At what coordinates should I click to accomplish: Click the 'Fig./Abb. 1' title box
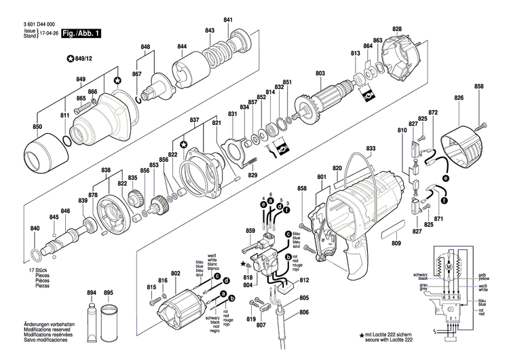point(81,33)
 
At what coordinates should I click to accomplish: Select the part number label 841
point(228,19)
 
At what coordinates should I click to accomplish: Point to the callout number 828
point(396,29)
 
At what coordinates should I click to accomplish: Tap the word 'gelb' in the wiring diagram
point(483,274)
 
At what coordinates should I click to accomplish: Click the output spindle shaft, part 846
point(68,238)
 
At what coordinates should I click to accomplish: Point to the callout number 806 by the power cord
point(303,312)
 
